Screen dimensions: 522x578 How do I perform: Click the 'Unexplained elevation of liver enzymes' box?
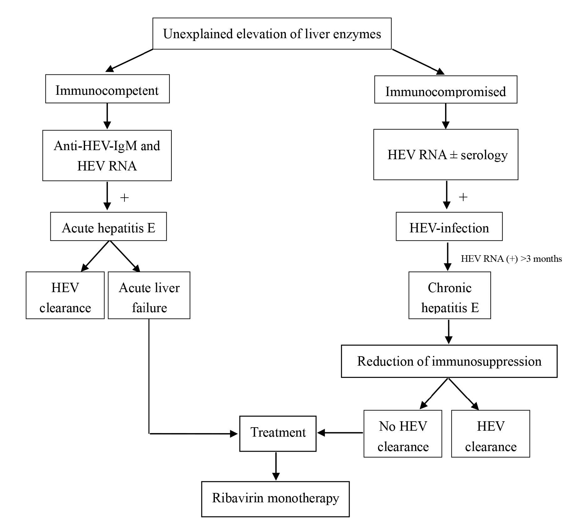tap(272, 33)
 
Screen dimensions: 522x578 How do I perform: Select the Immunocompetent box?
tap(107, 89)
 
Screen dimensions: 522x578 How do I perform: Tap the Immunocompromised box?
tap(445, 89)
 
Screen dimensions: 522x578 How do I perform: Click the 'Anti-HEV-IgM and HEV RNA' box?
tap(107, 155)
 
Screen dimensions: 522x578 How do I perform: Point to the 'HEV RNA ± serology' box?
tap(446, 155)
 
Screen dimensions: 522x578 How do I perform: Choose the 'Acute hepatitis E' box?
tap(108, 226)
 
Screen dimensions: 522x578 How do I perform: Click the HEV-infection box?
tap(449, 226)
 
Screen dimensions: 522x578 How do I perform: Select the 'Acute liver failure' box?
tap(149, 295)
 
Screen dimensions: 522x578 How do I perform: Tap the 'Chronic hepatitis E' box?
tap(449, 295)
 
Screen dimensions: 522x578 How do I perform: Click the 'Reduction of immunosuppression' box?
tap(449, 361)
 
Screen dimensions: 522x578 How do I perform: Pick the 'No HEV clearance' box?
tap(403, 434)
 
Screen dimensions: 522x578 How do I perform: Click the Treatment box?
tap(278, 433)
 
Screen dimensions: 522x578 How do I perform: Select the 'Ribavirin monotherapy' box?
tap(275, 499)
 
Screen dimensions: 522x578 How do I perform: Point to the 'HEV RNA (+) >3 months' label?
tap(511, 259)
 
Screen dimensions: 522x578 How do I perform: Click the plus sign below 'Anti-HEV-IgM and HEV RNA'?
tap(124, 198)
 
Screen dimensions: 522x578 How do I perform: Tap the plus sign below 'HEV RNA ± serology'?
tap(463, 197)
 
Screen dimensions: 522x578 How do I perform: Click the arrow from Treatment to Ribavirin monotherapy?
tap(276, 466)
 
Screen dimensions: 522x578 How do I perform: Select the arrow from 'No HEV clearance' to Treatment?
tap(340, 433)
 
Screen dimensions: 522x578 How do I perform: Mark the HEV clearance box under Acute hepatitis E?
tap(65, 295)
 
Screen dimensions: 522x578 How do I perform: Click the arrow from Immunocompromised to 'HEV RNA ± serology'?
tap(446, 116)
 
